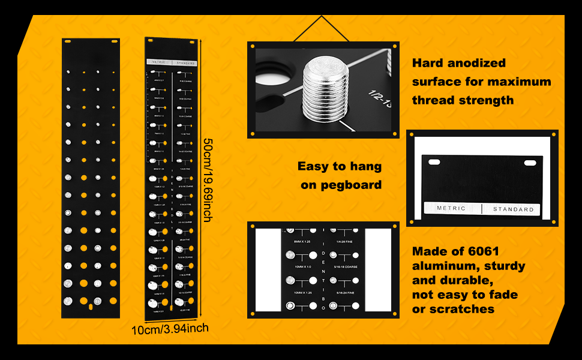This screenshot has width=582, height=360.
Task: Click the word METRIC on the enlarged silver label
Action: click(x=451, y=209)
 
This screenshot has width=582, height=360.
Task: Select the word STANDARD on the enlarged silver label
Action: click(x=513, y=209)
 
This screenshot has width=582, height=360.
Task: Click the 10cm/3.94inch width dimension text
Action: click(x=170, y=328)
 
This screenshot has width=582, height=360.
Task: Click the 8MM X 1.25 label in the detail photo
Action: click(x=303, y=241)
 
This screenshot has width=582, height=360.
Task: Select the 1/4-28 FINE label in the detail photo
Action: click(x=343, y=241)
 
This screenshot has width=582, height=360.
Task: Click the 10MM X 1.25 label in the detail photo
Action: click(x=303, y=292)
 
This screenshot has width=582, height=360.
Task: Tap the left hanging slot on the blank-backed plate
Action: click(x=67, y=41)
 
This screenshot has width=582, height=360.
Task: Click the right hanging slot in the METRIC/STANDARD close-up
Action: click(x=530, y=163)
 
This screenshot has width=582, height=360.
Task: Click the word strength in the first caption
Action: click(x=485, y=100)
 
